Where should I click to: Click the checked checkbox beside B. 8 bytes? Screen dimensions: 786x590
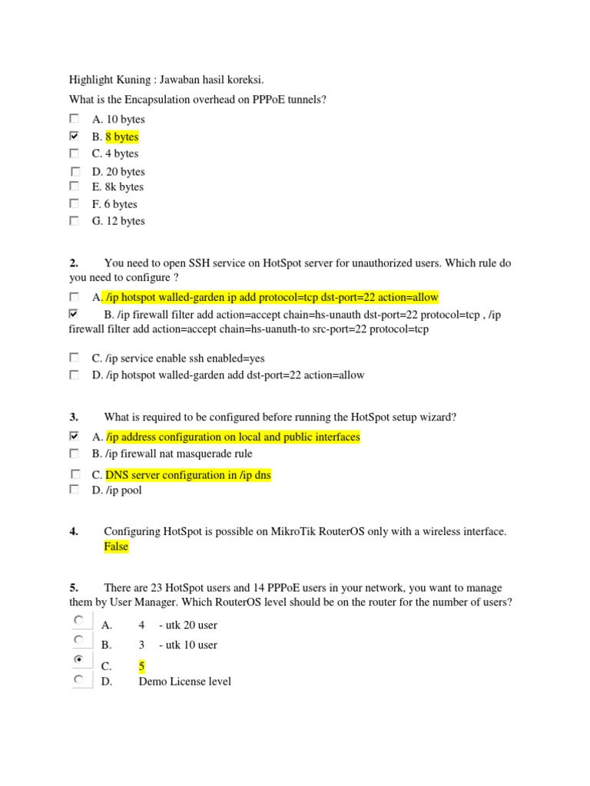(74, 136)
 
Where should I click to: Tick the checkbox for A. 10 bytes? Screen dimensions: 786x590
(74, 119)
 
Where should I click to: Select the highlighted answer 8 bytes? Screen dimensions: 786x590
(122, 137)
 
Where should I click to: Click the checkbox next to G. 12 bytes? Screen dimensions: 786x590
(74, 220)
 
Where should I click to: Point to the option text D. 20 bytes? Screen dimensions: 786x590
(118, 171)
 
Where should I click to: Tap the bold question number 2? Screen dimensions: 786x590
(74, 263)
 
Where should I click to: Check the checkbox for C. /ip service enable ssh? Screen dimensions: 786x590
(74, 358)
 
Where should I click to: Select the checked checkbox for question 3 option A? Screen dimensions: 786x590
(74, 436)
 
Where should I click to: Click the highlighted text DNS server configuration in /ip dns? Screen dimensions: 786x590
(188, 475)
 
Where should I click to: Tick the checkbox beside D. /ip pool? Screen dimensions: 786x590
(74, 489)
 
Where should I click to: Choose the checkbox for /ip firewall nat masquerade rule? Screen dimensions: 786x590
(74, 454)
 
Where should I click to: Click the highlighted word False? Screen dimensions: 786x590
(117, 547)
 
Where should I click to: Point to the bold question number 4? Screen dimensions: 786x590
(74, 531)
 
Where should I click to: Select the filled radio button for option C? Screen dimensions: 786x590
(79, 659)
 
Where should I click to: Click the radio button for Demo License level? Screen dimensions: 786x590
(79, 679)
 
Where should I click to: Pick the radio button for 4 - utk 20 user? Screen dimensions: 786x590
(79, 619)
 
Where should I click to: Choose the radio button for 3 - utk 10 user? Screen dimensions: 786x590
(79, 639)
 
